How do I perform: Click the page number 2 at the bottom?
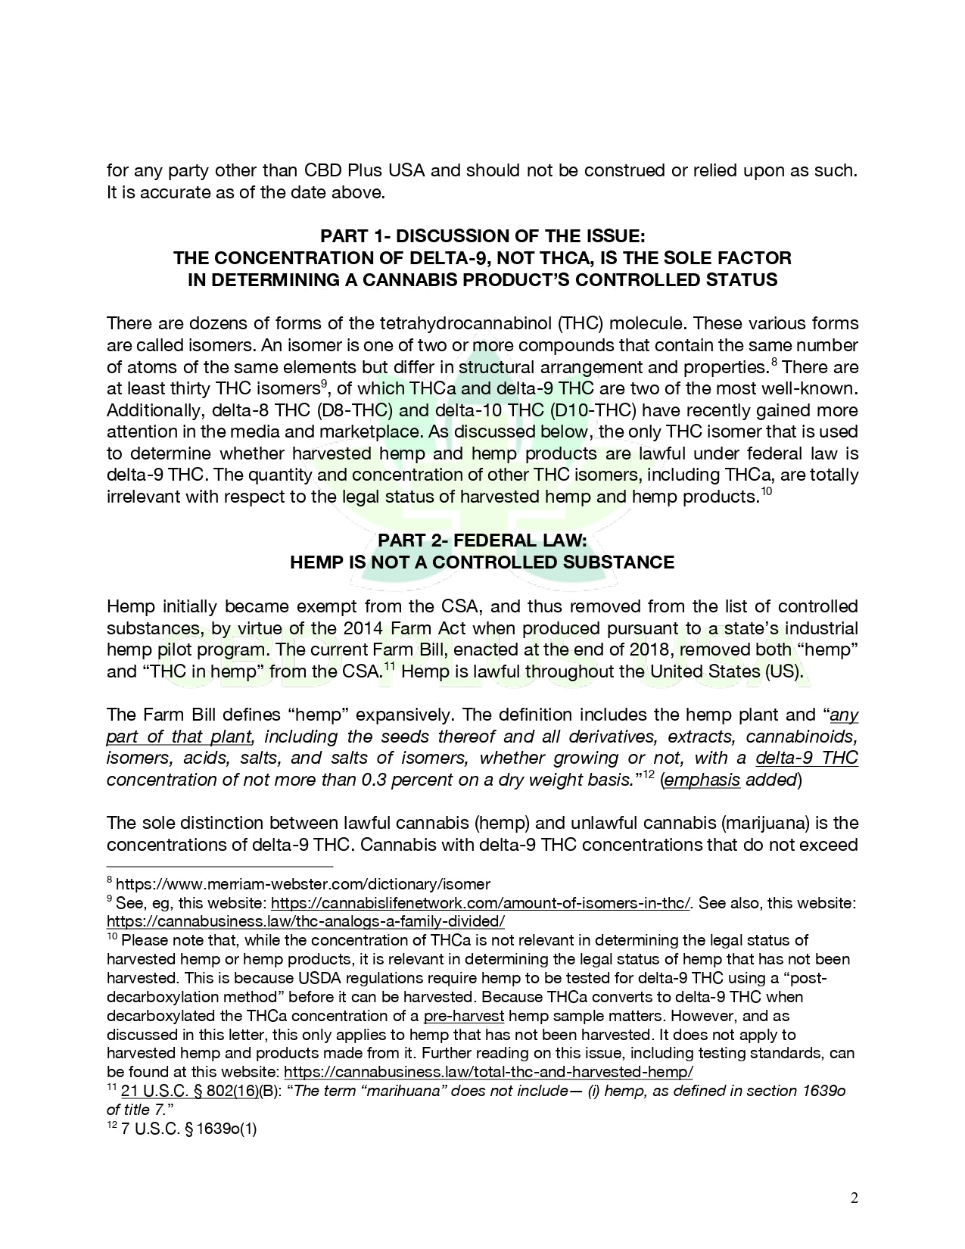[854, 1198]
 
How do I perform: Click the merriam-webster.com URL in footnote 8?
[303, 884]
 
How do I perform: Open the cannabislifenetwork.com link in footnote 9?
[480, 903]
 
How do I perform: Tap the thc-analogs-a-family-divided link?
[305, 921]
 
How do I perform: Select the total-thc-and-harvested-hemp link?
[487, 1072]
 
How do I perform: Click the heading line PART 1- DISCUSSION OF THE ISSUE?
[482, 236]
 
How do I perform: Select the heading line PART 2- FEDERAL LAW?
[482, 540]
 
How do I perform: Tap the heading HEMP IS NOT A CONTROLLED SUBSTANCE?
[482, 562]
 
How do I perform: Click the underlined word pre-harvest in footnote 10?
[463, 1016]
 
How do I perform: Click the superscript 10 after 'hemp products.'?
[767, 493]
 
